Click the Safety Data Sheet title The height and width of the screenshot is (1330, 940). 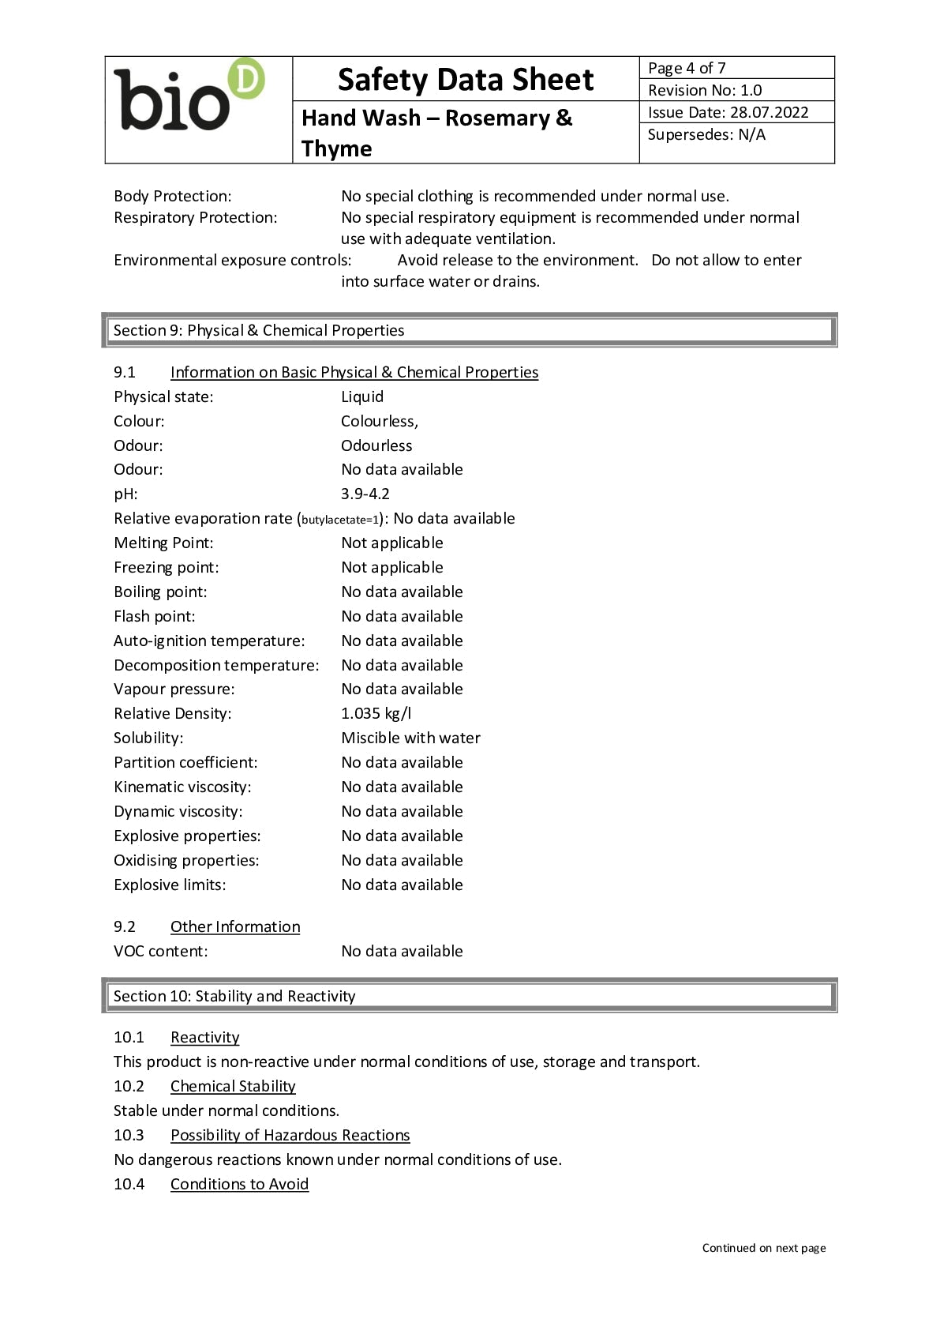(x=465, y=80)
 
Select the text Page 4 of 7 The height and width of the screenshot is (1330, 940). (x=687, y=68)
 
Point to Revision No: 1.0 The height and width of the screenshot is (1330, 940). (x=705, y=90)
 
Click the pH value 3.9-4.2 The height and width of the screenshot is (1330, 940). (x=365, y=494)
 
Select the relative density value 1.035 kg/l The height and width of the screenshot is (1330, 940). (x=376, y=713)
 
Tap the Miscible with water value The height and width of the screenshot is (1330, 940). (x=410, y=738)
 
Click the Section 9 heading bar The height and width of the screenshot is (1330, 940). (x=469, y=330)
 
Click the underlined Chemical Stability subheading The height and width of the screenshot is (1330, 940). (x=233, y=1086)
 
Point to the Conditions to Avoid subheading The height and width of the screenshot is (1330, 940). (x=239, y=1184)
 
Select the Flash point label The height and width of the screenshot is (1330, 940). (x=154, y=616)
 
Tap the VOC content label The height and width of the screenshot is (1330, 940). (x=160, y=951)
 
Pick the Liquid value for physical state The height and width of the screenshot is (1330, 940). (x=362, y=396)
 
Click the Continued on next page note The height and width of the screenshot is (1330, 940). (x=763, y=1248)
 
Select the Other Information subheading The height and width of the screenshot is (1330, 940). (x=235, y=926)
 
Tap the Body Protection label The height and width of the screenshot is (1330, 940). (x=172, y=196)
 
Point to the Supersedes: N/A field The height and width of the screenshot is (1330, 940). (x=706, y=134)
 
